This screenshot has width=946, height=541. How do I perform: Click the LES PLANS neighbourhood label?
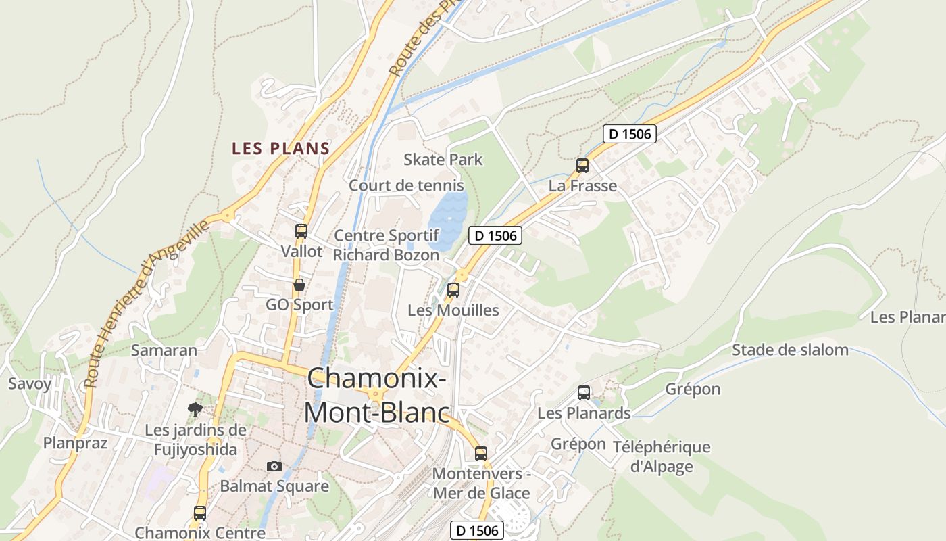pyautogui.click(x=280, y=149)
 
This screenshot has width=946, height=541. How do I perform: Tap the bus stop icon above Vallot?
pyautogui.click(x=301, y=231)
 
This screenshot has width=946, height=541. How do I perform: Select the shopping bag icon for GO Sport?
pyautogui.click(x=299, y=285)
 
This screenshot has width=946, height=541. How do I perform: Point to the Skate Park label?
pyautogui.click(x=443, y=160)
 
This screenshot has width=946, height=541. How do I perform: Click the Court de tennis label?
pyautogui.click(x=406, y=185)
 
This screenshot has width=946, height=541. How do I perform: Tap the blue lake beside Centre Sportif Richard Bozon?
pyautogui.click(x=447, y=218)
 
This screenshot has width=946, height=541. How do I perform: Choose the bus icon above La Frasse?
pyautogui.click(x=582, y=166)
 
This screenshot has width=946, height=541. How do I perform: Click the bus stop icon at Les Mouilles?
pyautogui.click(x=453, y=290)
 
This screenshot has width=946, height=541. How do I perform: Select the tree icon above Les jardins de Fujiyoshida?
pyautogui.click(x=195, y=409)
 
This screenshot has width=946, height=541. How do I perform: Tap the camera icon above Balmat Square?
pyautogui.click(x=274, y=466)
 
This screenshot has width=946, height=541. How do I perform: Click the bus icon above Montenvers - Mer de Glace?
pyautogui.click(x=481, y=453)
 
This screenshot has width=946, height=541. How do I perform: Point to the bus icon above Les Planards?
pyautogui.click(x=584, y=393)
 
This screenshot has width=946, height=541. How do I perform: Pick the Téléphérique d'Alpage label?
pyautogui.click(x=662, y=456)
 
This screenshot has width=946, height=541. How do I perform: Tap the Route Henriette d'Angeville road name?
pyautogui.click(x=148, y=304)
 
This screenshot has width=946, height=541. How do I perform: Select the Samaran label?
pyautogui.click(x=164, y=350)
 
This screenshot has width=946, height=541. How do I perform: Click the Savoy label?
pyautogui.click(x=30, y=384)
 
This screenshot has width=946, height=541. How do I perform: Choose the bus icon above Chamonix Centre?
pyautogui.click(x=200, y=513)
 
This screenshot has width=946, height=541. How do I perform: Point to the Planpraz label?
pyautogui.click(x=75, y=443)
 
